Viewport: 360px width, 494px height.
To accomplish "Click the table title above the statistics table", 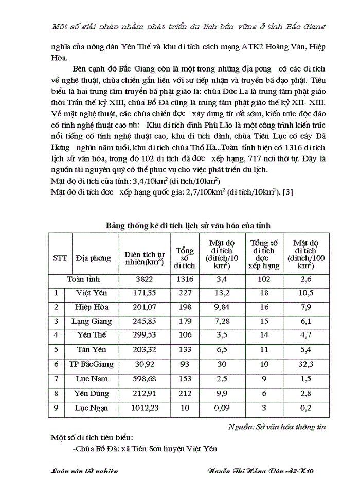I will point(188,225).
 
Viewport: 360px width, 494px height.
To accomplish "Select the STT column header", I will point(60,258).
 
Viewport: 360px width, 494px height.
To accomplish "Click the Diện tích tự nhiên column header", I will point(145,258).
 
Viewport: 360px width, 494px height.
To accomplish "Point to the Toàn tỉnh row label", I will point(83,279).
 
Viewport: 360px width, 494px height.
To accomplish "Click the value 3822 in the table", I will point(145,279).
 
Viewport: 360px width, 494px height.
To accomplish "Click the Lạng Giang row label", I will point(92,322).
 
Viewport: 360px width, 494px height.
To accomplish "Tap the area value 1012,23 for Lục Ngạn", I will point(145,408).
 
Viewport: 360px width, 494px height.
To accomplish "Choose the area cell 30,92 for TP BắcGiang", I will point(145,365).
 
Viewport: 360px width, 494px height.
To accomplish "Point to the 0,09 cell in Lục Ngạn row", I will point(222,408).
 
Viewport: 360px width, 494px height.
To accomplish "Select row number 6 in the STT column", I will point(56,365).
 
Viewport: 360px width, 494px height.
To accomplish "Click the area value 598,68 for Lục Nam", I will point(145,379).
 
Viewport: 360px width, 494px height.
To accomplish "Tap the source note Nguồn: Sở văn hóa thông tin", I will point(277,426).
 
